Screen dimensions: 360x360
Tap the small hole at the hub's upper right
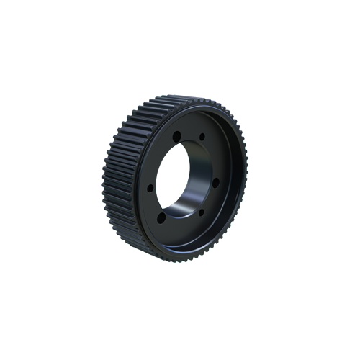pyautogui.click(x=202, y=136)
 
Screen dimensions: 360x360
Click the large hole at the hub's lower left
pyautogui.click(x=161, y=217)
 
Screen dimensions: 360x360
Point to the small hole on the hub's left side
pyautogui.click(x=150, y=186)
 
